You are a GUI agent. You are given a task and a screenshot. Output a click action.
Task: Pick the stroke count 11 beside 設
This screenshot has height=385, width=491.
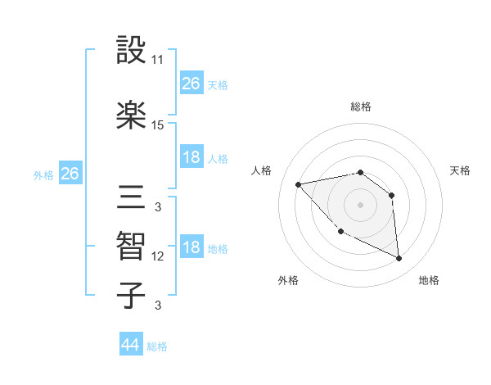tap(158, 60)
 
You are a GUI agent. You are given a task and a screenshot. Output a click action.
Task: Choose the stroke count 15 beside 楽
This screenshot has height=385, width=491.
tap(158, 125)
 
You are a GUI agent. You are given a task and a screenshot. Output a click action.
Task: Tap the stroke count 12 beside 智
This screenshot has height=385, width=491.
tap(158, 256)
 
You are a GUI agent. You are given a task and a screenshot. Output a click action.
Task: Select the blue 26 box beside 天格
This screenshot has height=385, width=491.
tap(191, 83)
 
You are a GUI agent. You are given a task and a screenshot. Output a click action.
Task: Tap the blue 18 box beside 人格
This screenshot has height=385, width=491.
tap(191, 157)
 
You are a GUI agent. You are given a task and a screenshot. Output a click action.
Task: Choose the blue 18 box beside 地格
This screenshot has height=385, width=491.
tap(191, 248)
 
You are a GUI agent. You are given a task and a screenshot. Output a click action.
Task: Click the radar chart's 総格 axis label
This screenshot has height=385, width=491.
tap(361, 106)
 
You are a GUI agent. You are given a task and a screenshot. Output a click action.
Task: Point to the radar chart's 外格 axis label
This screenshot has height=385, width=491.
tap(287, 280)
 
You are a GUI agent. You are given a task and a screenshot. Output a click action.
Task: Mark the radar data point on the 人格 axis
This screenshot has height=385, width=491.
tap(299, 184)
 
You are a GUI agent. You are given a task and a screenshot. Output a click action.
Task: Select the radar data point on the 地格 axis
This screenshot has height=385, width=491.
tap(399, 258)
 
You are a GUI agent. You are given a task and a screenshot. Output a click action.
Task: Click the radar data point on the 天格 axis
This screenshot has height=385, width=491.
tap(392, 195)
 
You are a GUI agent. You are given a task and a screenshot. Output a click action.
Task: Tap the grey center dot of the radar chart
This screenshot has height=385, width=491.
tap(360, 205)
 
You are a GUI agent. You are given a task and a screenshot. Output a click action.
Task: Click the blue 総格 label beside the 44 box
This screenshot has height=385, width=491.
tap(157, 346)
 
